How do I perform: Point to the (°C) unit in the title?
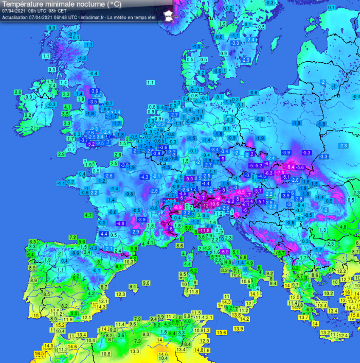[x=115, y=4]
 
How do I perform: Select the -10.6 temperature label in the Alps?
[x=213, y=204]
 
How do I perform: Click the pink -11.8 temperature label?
[x=204, y=230]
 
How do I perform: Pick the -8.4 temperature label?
[x=290, y=167]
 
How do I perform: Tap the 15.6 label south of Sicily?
[x=221, y=333]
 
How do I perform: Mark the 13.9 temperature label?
[x=238, y=329]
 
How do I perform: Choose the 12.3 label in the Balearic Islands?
[x=120, y=294]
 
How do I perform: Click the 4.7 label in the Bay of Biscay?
[x=88, y=215]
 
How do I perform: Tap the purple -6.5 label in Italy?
[x=224, y=251]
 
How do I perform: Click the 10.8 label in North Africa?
[x=106, y=354]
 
